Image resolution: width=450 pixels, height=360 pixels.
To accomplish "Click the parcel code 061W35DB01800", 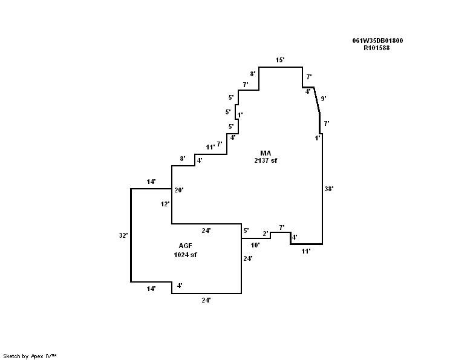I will [x=377, y=41].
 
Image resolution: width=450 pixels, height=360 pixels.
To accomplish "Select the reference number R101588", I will [x=376, y=48].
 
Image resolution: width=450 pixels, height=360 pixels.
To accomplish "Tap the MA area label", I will [x=266, y=152].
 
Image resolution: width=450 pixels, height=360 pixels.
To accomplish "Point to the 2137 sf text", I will [x=266, y=160].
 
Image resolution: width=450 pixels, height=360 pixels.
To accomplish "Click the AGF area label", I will [x=185, y=246].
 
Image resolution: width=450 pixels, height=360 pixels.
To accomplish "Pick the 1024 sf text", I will [x=185, y=255].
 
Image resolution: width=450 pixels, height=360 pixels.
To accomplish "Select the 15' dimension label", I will [x=279, y=60].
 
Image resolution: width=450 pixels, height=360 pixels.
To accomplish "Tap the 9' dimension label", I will [x=324, y=98].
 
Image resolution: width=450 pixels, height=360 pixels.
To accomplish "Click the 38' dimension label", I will [x=329, y=189].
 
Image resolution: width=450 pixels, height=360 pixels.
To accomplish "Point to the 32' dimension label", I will [x=123, y=235].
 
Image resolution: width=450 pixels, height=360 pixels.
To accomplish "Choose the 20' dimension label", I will [x=178, y=190].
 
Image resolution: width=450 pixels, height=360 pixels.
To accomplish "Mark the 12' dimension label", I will [x=165, y=204].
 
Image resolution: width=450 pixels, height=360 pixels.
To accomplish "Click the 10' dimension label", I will [x=255, y=245].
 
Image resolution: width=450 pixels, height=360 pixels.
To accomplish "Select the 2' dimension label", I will [x=265, y=234].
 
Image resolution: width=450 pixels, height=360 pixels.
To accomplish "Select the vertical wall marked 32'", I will [x=131, y=235].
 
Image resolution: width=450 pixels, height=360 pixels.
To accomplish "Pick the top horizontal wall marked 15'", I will [x=281, y=67].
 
